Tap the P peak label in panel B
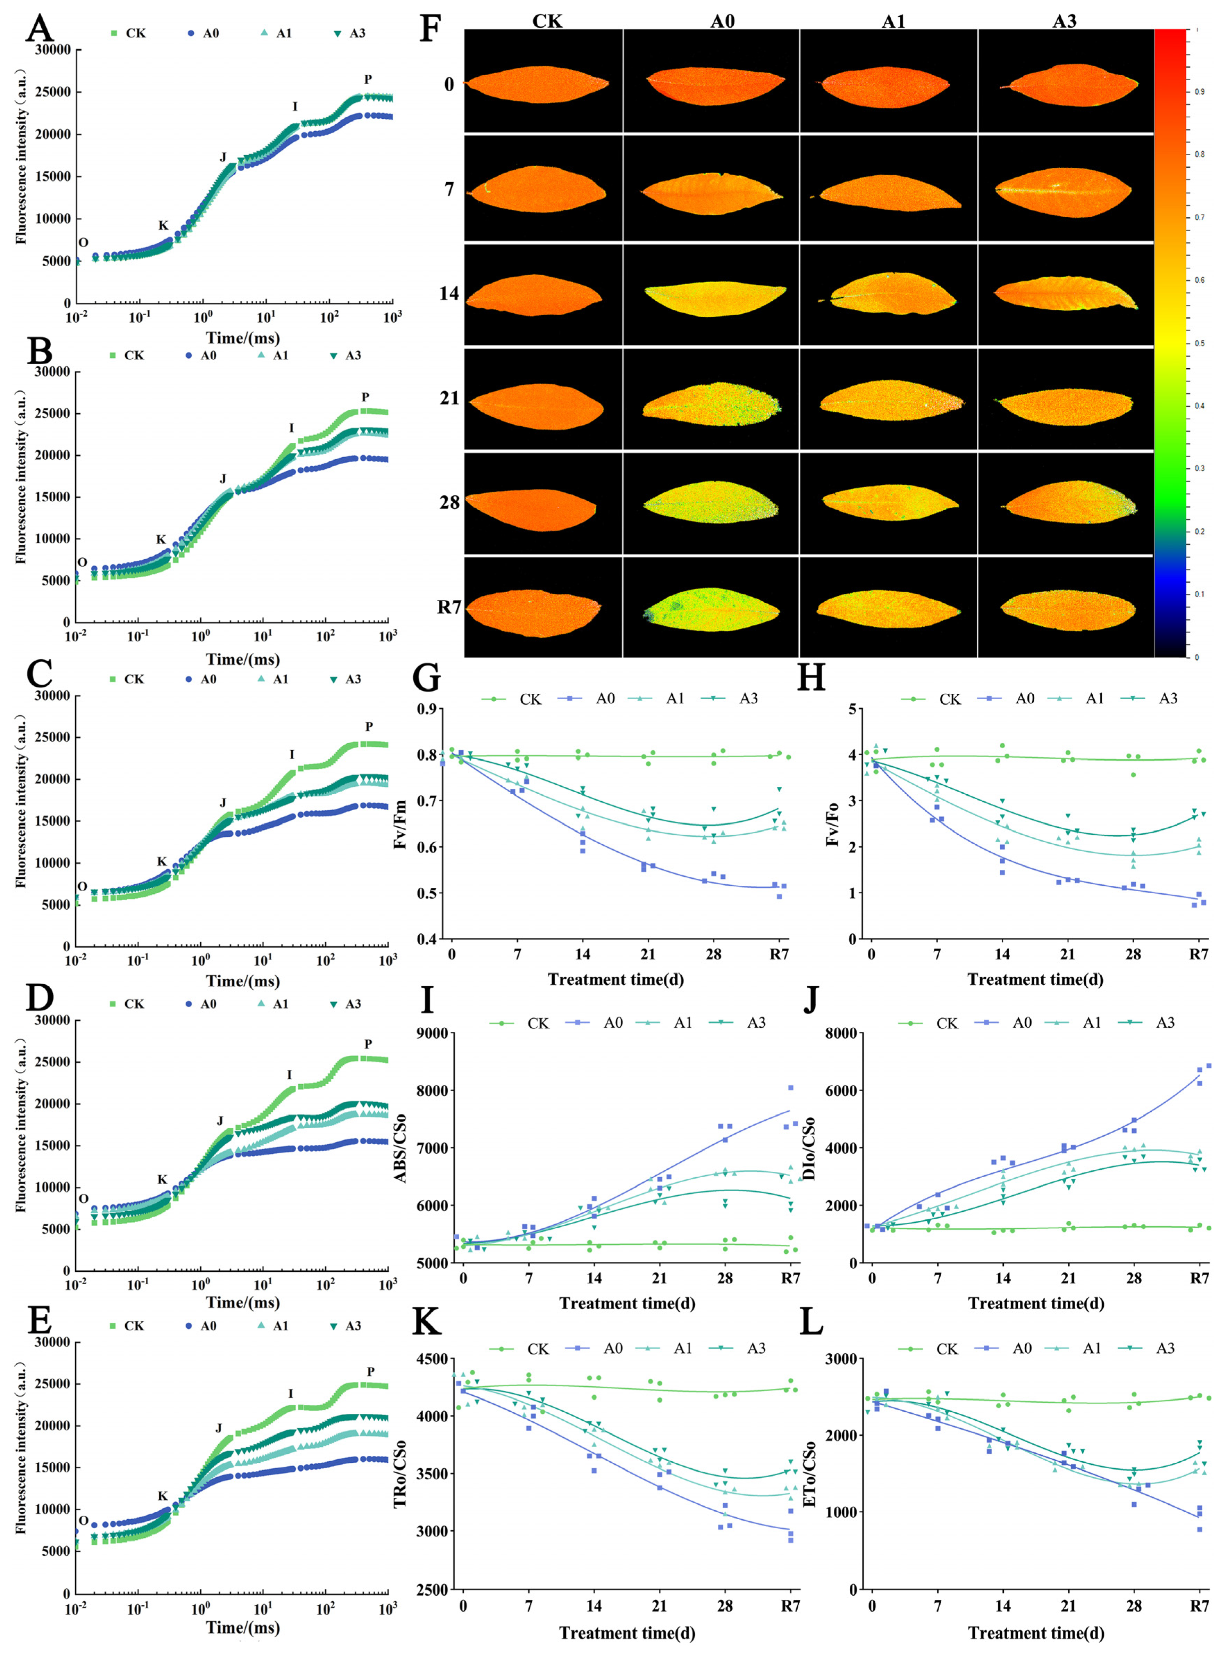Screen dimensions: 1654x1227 pyautogui.click(x=365, y=397)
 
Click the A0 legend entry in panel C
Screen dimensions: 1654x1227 pyautogui.click(x=201, y=679)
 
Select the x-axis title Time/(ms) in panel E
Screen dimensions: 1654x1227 pyautogui.click(x=243, y=1627)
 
